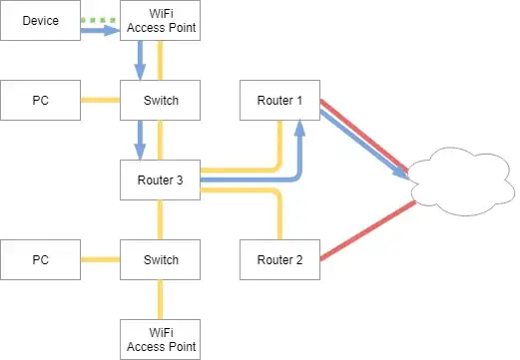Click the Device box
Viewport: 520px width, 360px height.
point(40,21)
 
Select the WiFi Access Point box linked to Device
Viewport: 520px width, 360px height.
point(160,21)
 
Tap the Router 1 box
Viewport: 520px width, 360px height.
point(279,101)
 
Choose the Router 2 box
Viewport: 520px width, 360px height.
point(279,260)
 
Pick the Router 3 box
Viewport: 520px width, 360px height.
point(160,180)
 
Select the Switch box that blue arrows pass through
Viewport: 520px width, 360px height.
point(160,101)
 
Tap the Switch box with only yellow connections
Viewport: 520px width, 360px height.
point(160,260)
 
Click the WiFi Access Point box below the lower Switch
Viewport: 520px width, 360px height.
point(160,340)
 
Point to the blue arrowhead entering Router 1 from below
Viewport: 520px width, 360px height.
point(299,127)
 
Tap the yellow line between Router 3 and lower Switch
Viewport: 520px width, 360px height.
point(160,220)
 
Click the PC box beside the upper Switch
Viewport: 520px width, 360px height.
point(40,101)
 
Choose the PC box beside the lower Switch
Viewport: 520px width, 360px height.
point(40,260)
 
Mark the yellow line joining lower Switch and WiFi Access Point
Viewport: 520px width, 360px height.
point(160,300)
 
